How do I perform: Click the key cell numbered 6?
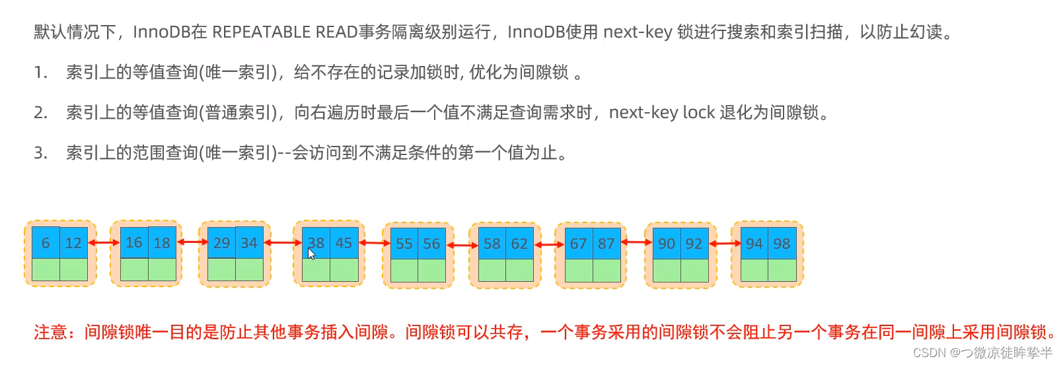click(46, 243)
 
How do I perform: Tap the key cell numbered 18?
click(162, 242)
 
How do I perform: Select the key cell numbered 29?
click(221, 243)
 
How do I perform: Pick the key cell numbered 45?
click(344, 242)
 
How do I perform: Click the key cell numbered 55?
click(404, 244)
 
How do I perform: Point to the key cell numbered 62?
click(519, 244)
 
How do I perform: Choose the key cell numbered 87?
click(606, 244)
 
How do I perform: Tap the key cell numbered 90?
click(666, 244)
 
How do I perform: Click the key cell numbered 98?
click(782, 244)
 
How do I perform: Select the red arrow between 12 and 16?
click(104, 243)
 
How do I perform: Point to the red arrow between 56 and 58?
click(462, 245)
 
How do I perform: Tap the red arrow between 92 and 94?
click(725, 244)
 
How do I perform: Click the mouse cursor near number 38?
click(311, 253)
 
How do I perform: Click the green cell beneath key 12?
click(73, 269)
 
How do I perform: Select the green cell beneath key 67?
click(579, 270)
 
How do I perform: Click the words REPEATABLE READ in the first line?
click(285, 32)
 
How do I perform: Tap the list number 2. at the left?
click(41, 113)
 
